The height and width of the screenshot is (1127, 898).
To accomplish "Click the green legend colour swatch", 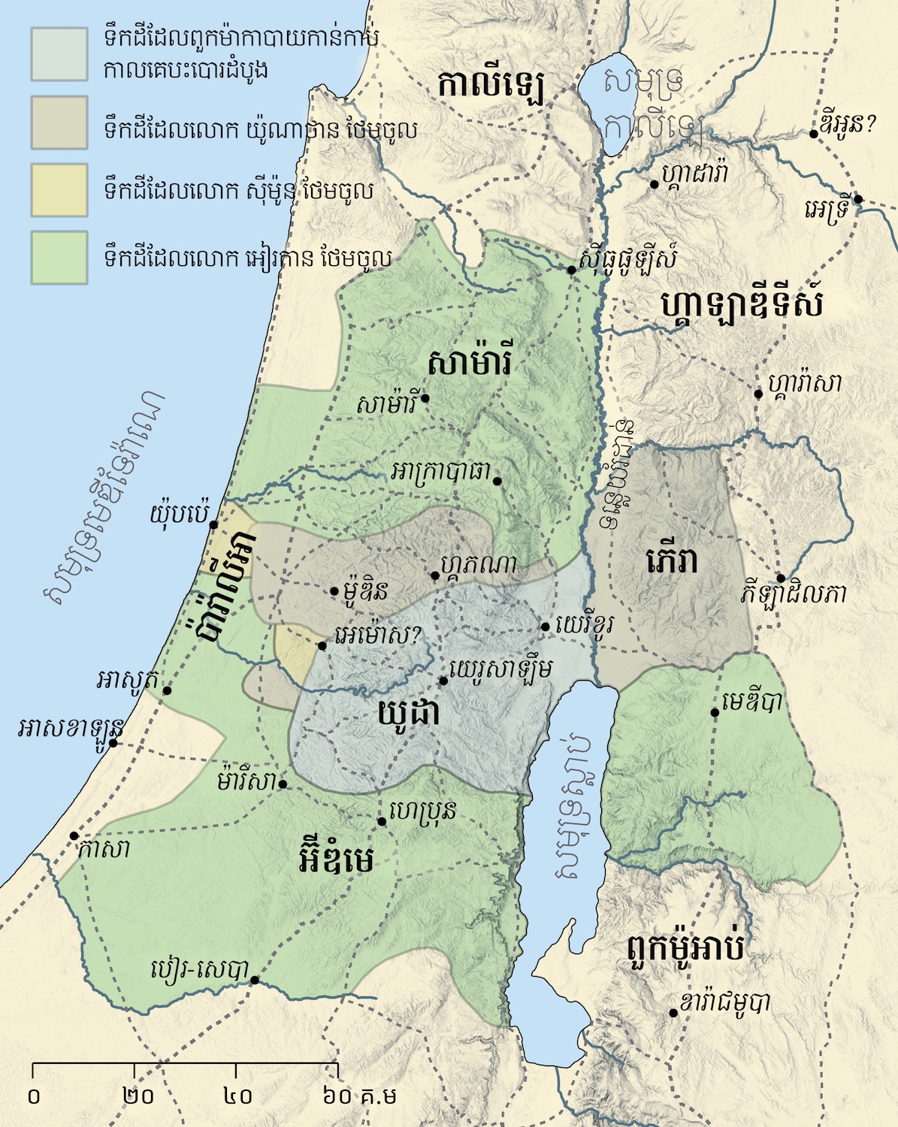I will pyautogui.click(x=59, y=258).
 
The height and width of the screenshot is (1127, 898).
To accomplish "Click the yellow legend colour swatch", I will pyautogui.click(x=59, y=190).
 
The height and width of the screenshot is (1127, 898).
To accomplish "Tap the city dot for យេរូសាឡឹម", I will pyautogui.click(x=443, y=681).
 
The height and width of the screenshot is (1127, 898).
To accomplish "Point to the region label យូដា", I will pyautogui.click(x=410, y=714).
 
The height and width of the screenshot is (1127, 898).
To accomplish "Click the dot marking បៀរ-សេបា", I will pyautogui.click(x=255, y=980).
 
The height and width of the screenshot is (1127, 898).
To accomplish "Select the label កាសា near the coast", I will pyautogui.click(x=104, y=850).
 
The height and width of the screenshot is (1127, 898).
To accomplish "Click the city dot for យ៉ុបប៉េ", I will pyautogui.click(x=213, y=524).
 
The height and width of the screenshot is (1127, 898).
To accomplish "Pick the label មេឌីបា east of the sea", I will pyautogui.click(x=751, y=702).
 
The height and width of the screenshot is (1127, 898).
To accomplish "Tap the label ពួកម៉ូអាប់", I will pyautogui.click(x=685, y=949).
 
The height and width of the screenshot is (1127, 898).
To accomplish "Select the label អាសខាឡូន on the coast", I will pyautogui.click(x=71, y=728).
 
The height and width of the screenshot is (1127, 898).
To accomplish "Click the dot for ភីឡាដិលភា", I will pyautogui.click(x=782, y=578).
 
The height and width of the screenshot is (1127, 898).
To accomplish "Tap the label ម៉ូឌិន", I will pyautogui.click(x=364, y=591).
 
